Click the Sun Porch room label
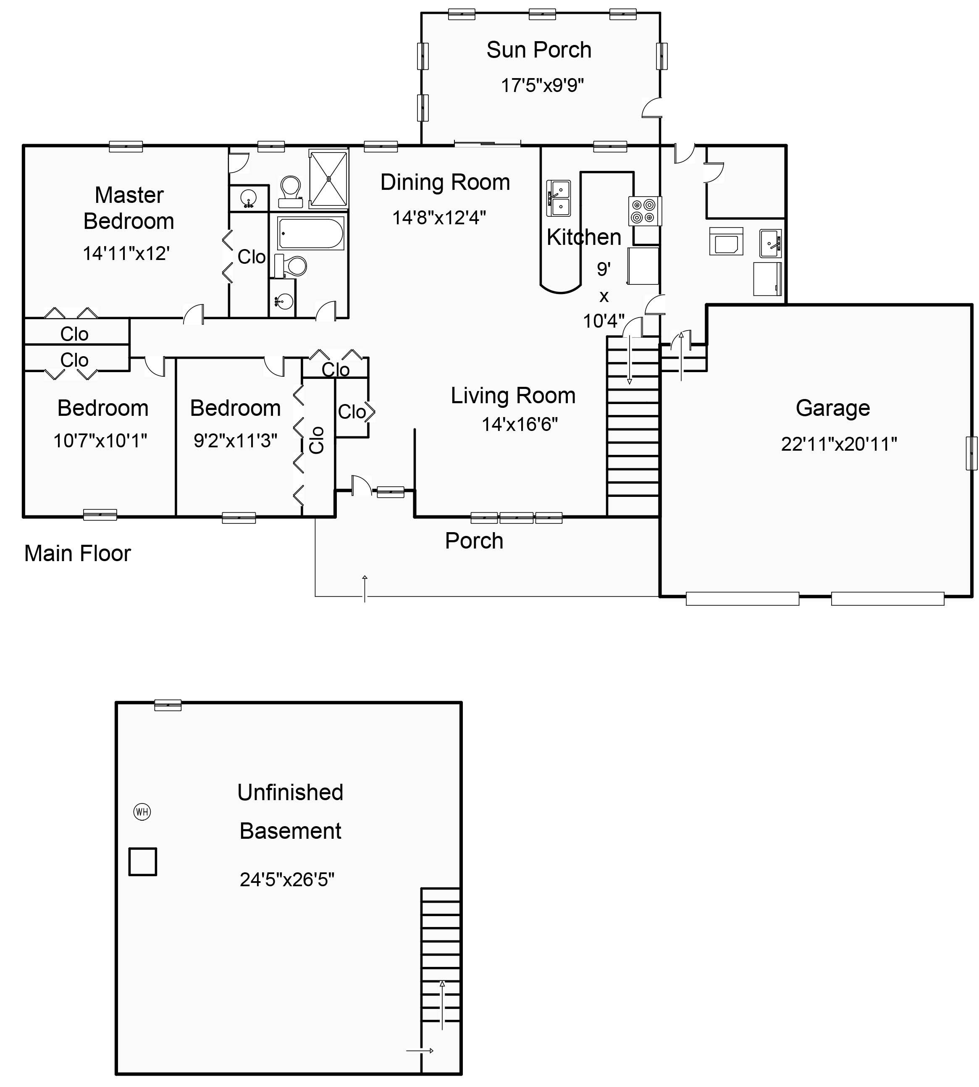tap(539, 50)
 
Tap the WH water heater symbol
tap(142, 811)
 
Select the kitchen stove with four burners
tap(644, 211)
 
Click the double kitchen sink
tap(559, 198)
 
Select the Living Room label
tap(513, 396)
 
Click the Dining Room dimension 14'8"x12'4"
tap(439, 218)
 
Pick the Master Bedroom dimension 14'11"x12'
tap(126, 253)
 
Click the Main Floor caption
tap(77, 554)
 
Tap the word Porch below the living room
tap(474, 541)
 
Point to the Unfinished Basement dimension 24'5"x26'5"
tap(287, 880)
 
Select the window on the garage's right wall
tap(971, 453)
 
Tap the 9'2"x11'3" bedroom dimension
tap(236, 441)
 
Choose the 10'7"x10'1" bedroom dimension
tap(100, 441)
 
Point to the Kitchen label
tap(584, 237)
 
